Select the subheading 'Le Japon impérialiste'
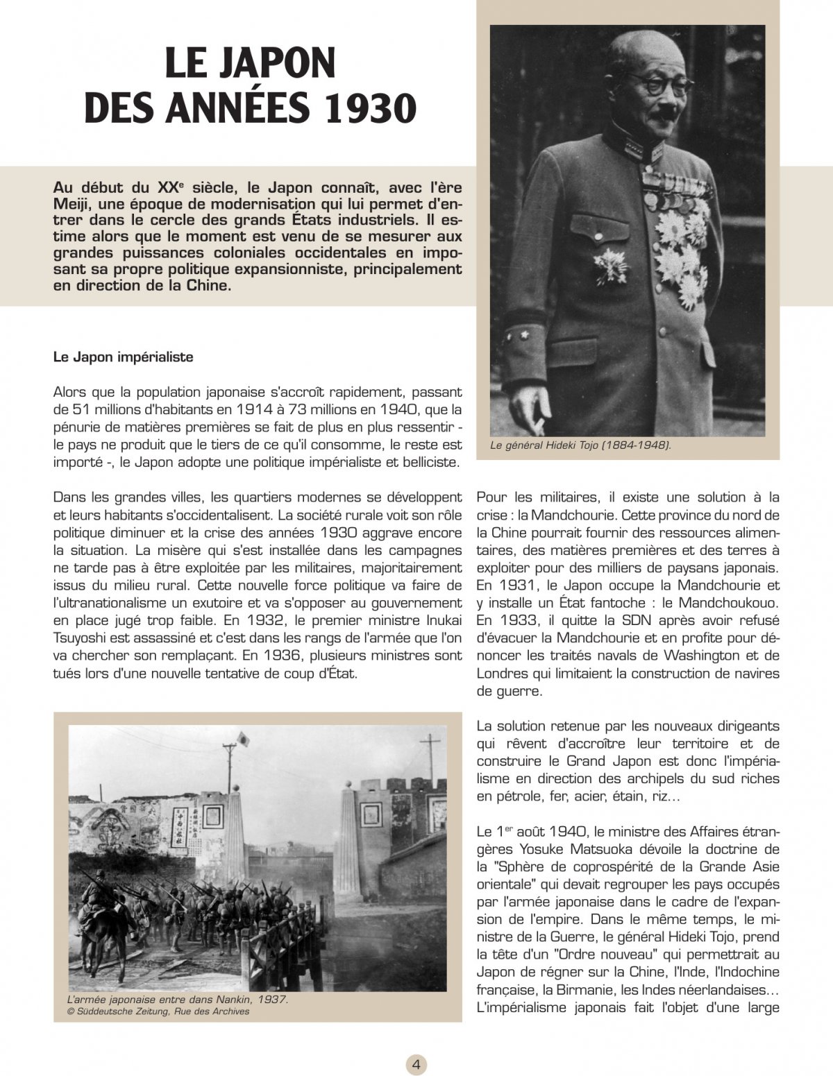click(x=123, y=358)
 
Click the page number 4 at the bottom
click(x=416, y=1064)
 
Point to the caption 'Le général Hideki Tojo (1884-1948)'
click(x=580, y=445)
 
